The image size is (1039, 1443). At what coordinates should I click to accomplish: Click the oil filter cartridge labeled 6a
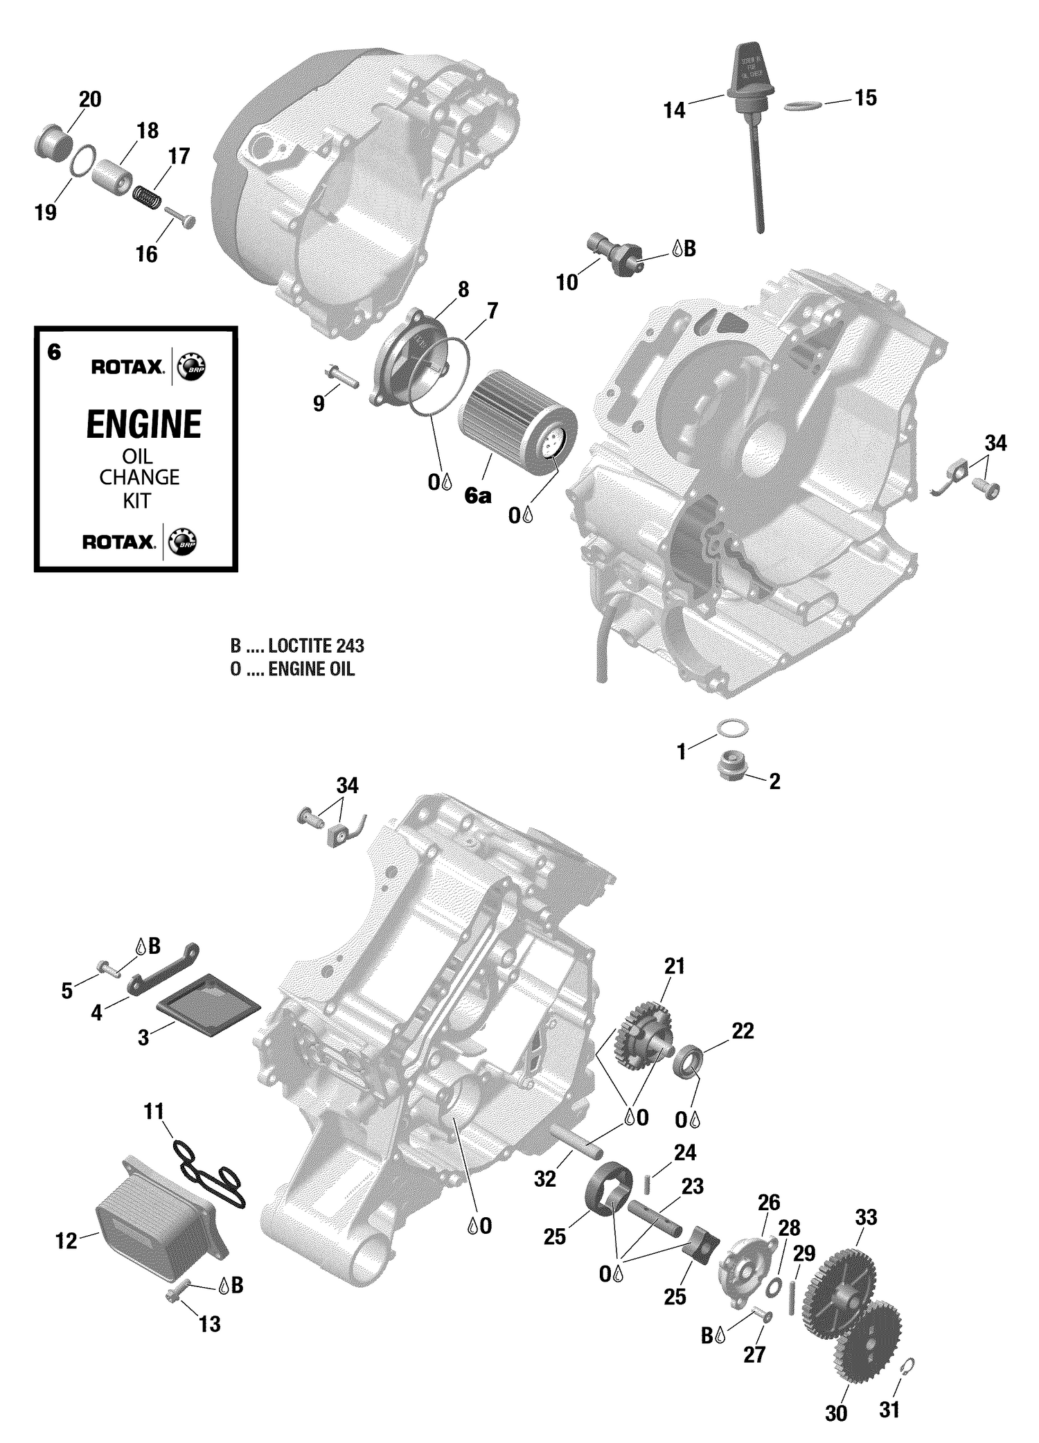pos(516,419)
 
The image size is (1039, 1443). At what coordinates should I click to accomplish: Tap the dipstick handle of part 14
pos(751,69)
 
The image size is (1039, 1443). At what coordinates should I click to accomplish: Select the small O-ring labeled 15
pos(803,105)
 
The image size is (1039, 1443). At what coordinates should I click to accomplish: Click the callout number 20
pos(90,100)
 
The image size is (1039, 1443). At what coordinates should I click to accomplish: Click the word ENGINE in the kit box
pos(143,425)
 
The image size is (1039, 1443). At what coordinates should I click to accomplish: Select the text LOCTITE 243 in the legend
pos(316,646)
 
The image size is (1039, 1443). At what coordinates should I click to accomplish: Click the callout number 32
pos(545,1178)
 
